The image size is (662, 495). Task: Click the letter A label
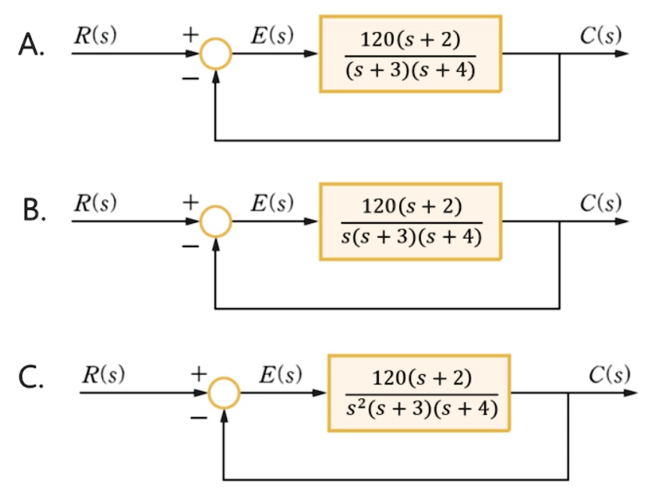tap(31, 44)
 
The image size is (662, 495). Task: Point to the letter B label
tap(34, 210)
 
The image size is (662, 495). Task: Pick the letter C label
tap(31, 377)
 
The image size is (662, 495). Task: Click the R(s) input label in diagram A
tap(95, 35)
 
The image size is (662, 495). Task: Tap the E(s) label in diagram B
tap(272, 203)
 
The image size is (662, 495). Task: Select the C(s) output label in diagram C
tap(610, 374)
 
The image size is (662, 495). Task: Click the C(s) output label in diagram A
tap(600, 35)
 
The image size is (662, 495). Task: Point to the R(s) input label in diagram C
tap(104, 374)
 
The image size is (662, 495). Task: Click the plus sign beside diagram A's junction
tap(191, 34)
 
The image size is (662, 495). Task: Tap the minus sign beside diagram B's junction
tap(190, 246)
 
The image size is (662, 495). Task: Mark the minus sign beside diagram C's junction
tap(199, 418)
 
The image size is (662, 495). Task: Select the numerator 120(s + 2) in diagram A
tap(410, 40)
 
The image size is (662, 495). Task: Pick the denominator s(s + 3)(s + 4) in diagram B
tap(412, 236)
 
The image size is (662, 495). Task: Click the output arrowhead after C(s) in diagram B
tap(622, 221)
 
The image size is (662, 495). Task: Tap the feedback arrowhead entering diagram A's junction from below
tap(216, 76)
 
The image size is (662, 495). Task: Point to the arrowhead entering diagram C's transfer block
tap(319, 393)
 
